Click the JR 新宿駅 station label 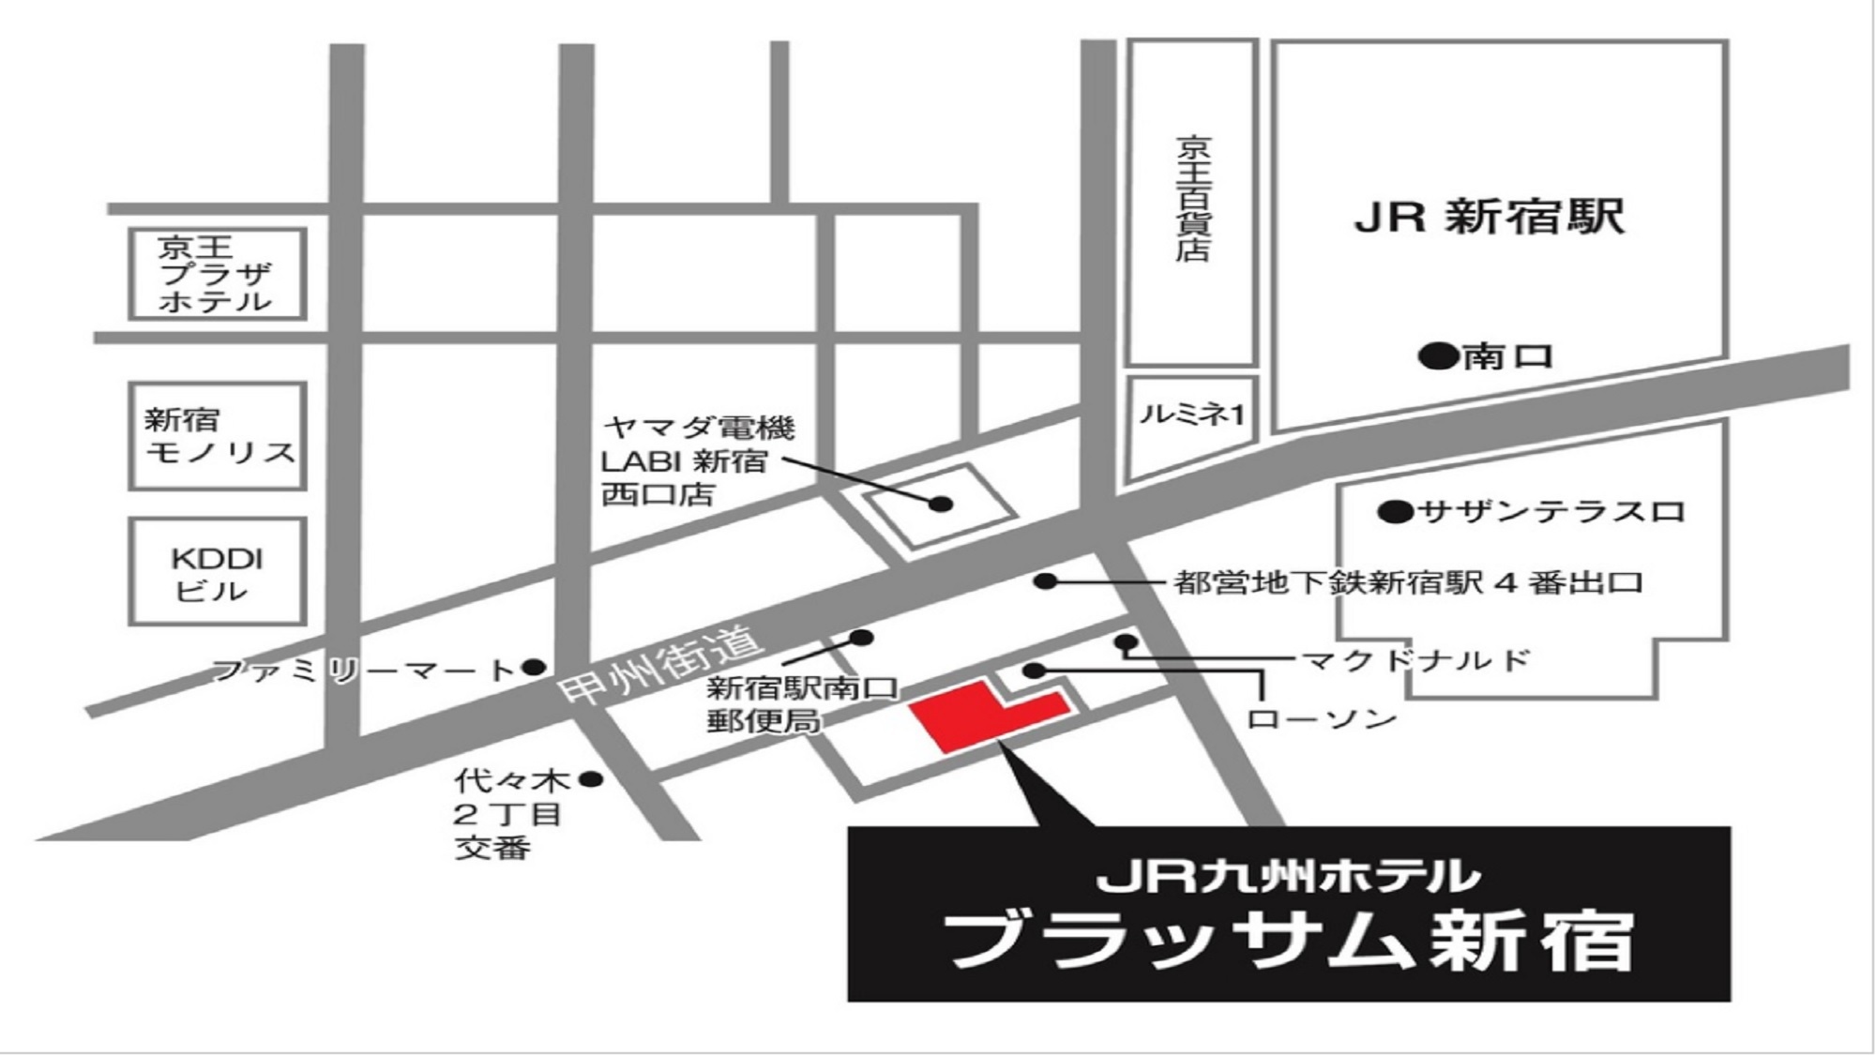(1489, 218)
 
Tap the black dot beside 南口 (1438, 356)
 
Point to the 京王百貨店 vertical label (1193, 199)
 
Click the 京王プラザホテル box (217, 274)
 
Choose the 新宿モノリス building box (218, 436)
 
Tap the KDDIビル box (217, 572)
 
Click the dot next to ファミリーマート (534, 668)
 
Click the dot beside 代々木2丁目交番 (591, 778)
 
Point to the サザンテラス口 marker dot (1395, 512)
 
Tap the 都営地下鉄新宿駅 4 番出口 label (1407, 583)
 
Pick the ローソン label (1321, 719)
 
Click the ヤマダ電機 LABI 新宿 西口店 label (696, 461)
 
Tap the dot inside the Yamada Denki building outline (941, 505)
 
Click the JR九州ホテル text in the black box (1288, 877)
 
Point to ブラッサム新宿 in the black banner (1288, 941)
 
